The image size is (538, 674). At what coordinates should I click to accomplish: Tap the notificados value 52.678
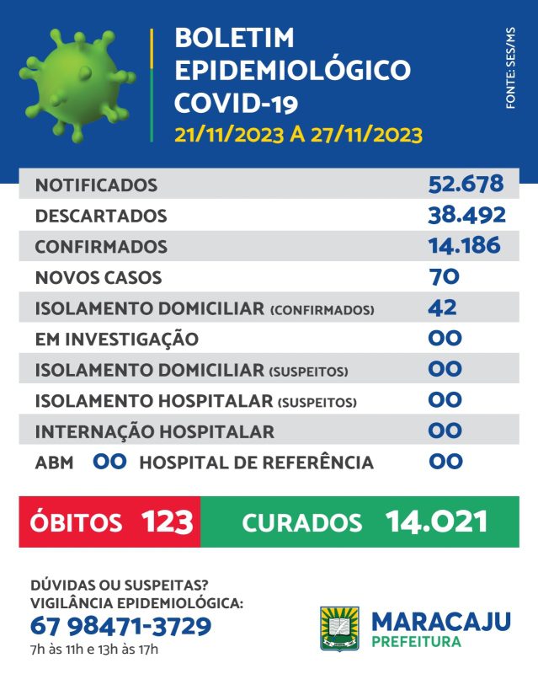click(x=466, y=184)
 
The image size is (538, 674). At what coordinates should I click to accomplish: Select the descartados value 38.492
click(x=466, y=215)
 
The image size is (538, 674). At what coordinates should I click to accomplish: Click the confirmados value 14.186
click(x=464, y=246)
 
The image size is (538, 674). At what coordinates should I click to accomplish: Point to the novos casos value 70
click(x=444, y=276)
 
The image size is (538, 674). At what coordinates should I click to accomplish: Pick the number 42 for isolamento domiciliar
click(x=443, y=308)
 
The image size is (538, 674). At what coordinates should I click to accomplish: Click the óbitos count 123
click(x=168, y=522)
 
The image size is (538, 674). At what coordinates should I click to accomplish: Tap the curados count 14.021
click(x=436, y=522)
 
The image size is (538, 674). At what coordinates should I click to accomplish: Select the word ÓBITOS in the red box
click(x=77, y=522)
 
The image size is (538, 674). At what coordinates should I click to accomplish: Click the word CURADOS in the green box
click(x=302, y=522)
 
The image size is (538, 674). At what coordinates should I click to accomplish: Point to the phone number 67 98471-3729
click(x=120, y=627)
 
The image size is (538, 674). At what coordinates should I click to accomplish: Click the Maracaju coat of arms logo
click(x=339, y=629)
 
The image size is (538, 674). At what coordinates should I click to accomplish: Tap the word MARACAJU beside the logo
click(x=441, y=622)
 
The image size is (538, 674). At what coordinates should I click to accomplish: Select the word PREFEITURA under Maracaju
click(x=416, y=643)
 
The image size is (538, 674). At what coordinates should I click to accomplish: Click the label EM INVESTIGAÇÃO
click(x=117, y=340)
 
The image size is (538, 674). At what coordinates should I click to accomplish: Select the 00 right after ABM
click(x=109, y=462)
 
